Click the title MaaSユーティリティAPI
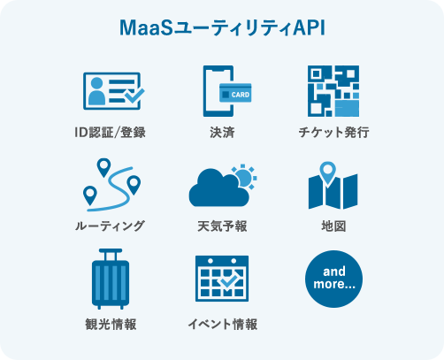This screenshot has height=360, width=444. (222, 28)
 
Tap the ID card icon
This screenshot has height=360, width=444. (114, 91)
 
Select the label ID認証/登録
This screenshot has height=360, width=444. (110, 133)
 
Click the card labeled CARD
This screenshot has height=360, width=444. (235, 93)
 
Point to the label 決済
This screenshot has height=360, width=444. (222, 133)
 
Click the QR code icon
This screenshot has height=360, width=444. (333, 91)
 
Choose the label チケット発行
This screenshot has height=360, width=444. (333, 133)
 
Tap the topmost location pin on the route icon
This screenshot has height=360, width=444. (103, 167)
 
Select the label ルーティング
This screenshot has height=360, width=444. (110, 226)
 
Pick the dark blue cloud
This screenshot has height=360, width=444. (219, 188)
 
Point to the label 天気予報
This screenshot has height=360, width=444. (222, 226)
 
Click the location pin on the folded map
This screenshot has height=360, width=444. (327, 173)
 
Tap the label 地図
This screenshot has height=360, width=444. (333, 226)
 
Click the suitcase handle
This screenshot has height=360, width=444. (111, 254)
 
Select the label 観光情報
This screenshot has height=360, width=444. (111, 324)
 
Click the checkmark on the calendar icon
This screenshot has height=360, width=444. (229, 281)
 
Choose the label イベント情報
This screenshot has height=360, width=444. (223, 324)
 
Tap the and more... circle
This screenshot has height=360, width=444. (333, 279)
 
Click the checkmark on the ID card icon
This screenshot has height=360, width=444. (134, 96)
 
